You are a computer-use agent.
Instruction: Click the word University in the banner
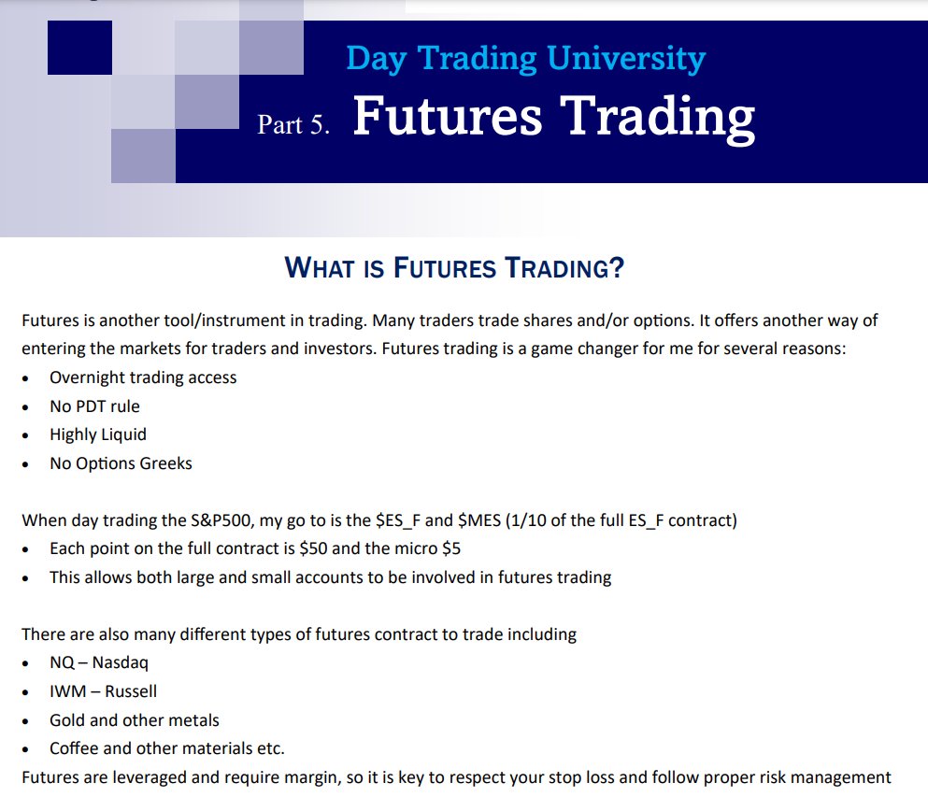[626, 59]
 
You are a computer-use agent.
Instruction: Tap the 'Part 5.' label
[293, 125]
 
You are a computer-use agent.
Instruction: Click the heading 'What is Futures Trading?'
[454, 269]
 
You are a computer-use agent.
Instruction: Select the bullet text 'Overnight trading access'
[143, 377]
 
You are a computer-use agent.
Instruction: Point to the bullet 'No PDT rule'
[94, 406]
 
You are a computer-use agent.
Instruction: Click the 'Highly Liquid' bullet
[98, 434]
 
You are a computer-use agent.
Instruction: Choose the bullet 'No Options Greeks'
[121, 463]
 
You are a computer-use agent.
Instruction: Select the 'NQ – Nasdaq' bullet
[99, 663]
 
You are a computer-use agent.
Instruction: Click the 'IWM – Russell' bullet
[103, 691]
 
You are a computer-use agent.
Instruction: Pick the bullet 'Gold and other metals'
[135, 720]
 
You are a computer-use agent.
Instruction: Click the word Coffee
[74, 748]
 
